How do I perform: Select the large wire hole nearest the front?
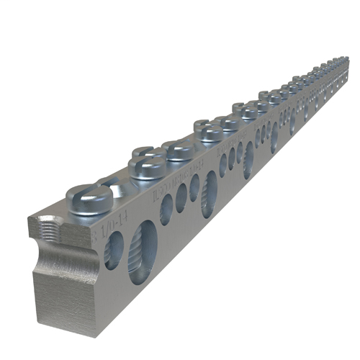pos(143,251)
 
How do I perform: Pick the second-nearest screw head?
pos(148,166)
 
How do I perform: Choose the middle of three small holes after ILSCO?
pos(181,197)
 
